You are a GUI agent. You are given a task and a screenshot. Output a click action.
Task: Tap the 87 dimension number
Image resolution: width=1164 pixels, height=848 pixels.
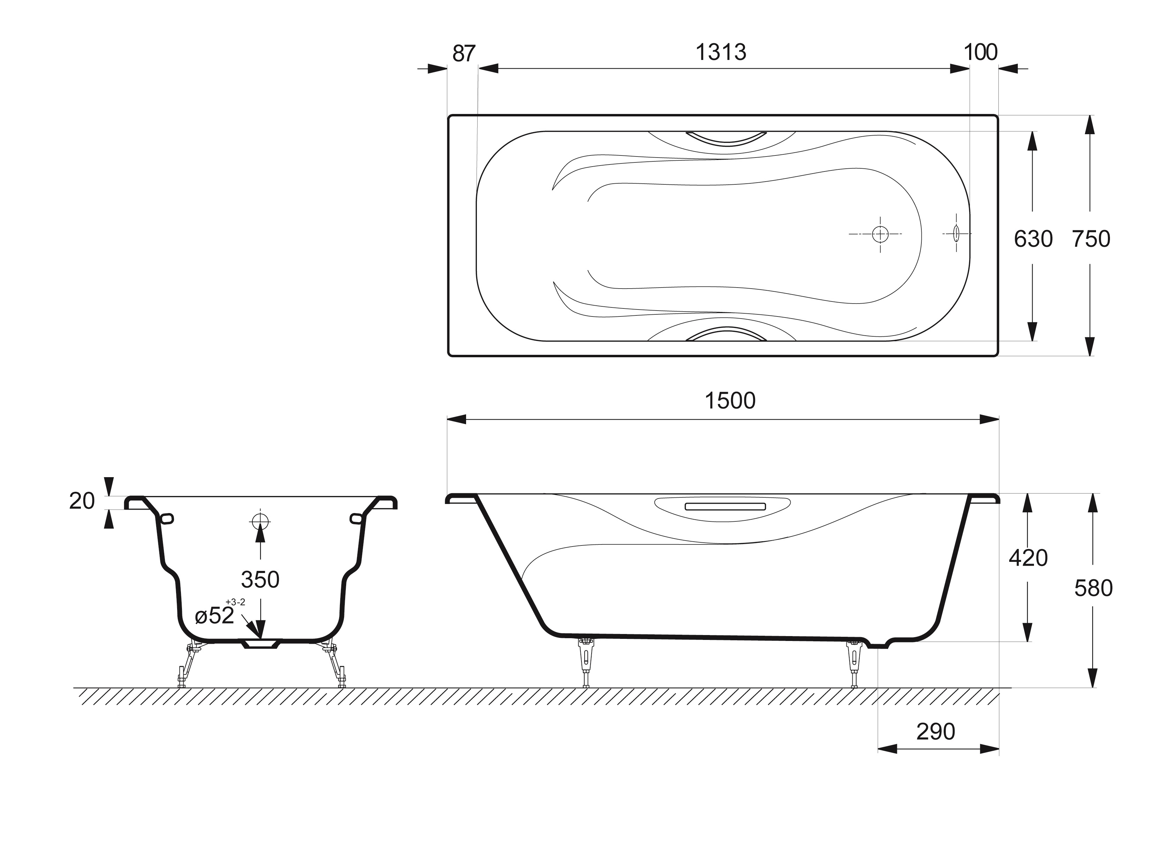click(x=464, y=53)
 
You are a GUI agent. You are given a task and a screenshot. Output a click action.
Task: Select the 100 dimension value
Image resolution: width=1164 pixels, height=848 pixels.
click(x=981, y=52)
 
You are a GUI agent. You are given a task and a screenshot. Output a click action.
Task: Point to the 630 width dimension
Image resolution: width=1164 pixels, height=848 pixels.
click(x=1033, y=239)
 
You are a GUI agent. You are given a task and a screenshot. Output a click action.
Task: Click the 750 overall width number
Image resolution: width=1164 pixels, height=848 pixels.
click(x=1091, y=239)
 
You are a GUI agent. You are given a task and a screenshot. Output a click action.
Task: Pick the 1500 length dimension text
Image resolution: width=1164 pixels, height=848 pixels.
click(x=730, y=401)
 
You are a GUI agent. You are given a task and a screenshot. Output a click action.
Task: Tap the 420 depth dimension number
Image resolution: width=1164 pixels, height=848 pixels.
click(x=1028, y=558)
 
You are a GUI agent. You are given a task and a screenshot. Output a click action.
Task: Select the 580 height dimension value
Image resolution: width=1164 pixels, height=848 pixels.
click(x=1093, y=588)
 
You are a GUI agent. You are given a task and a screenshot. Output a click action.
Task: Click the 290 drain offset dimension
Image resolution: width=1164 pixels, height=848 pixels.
click(x=936, y=732)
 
